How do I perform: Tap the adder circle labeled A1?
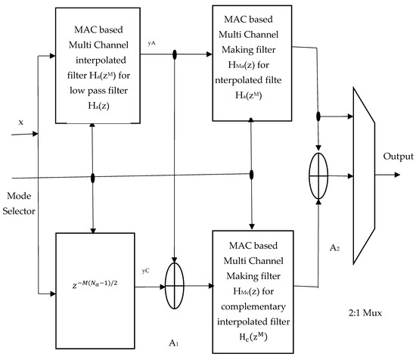(175, 288)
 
